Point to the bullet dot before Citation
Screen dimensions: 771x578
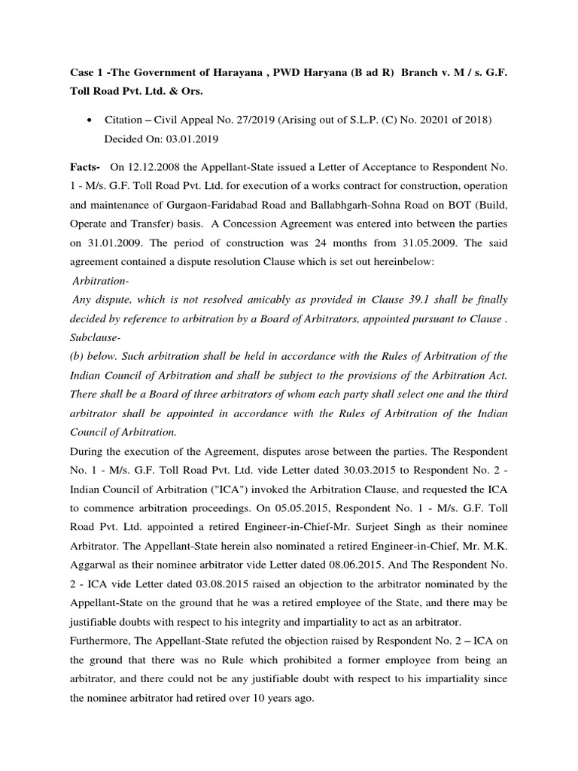[x=90, y=120]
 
